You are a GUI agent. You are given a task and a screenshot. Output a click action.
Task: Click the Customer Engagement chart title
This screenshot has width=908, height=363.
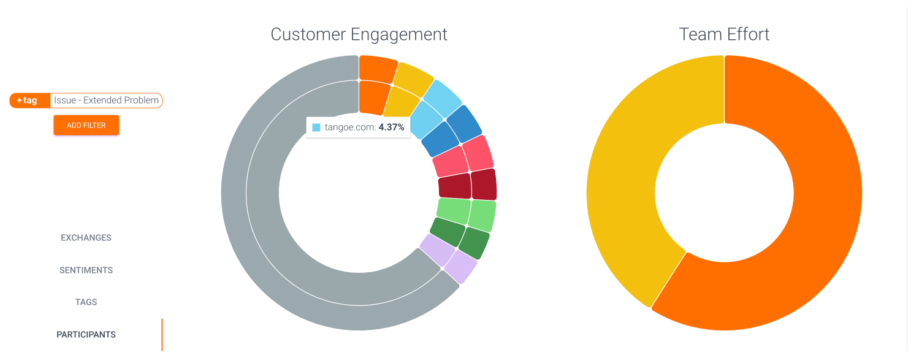pyautogui.click(x=359, y=34)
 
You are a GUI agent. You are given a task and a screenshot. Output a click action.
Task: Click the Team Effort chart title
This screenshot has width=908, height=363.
pyautogui.click(x=724, y=34)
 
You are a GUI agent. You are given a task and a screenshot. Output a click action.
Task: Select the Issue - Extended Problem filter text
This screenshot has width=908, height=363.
pyautogui.click(x=106, y=101)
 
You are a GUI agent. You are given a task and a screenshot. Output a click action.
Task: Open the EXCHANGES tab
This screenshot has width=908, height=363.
pyautogui.click(x=86, y=238)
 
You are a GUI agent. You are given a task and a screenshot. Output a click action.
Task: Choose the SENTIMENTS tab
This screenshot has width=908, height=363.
pyautogui.click(x=86, y=270)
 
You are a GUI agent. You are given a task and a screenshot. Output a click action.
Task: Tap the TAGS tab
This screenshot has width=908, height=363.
pyautogui.click(x=86, y=302)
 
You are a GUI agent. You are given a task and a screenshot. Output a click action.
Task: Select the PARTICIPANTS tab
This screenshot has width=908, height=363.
pyautogui.click(x=86, y=335)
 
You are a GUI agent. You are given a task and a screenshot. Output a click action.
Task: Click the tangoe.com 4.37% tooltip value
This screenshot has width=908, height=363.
pyautogui.click(x=391, y=128)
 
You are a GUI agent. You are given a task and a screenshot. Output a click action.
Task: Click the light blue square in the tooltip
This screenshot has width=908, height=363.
pyautogui.click(x=316, y=128)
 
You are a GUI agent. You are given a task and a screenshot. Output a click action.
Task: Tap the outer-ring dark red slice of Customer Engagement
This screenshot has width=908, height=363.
pyautogui.click(x=484, y=184)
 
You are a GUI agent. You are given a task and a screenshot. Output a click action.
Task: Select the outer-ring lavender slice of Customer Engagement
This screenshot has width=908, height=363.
pyautogui.click(x=460, y=267)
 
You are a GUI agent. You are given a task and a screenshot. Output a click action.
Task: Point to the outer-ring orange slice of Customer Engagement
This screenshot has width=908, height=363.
pyautogui.click(x=377, y=69)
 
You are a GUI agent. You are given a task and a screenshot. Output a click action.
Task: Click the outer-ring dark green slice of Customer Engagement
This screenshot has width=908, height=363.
pyautogui.click(x=474, y=243)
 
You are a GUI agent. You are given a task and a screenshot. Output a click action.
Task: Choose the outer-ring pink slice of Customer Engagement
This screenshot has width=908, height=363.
pyautogui.click(x=478, y=153)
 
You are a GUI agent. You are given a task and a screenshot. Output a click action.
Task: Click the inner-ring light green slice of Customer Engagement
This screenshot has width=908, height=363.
pyautogui.click(x=454, y=211)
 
